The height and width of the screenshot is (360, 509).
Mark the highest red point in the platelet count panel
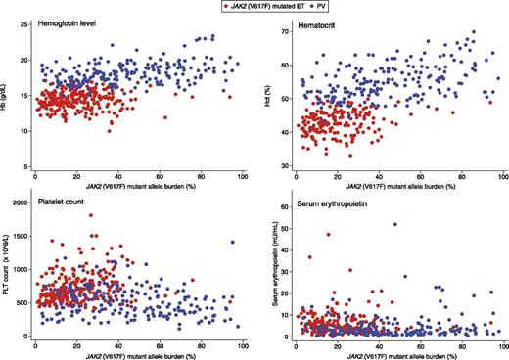(x=90, y=215)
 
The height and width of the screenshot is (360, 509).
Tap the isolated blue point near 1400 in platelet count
(x=233, y=242)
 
